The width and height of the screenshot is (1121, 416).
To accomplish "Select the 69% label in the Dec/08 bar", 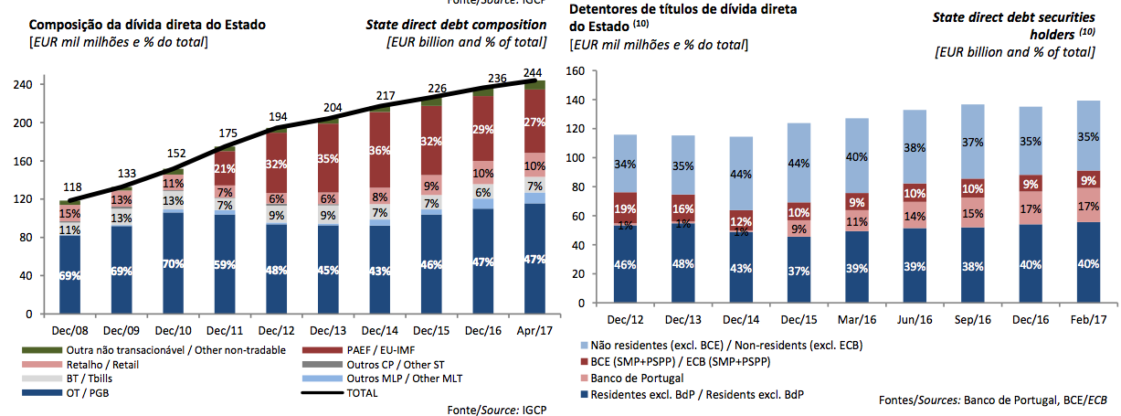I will pyautogui.click(x=69, y=276).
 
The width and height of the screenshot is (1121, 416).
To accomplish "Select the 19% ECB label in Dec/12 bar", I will pyautogui.click(x=625, y=208).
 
